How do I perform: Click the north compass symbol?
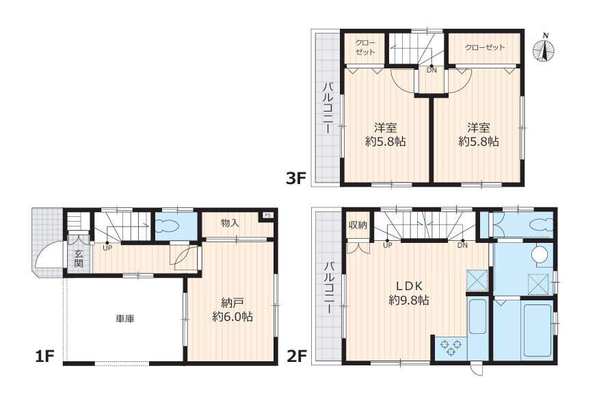(x=543, y=49)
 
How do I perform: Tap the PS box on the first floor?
(x=268, y=216)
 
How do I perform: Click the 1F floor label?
(x=45, y=357)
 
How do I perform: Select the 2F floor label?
(x=297, y=356)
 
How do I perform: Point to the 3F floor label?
(x=296, y=178)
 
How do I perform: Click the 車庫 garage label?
(x=125, y=318)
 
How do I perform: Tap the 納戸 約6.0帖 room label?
(x=233, y=310)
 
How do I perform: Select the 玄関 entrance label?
(x=79, y=259)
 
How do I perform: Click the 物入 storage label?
(x=230, y=223)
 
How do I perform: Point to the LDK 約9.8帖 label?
(x=409, y=294)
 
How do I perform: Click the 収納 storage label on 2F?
(x=358, y=225)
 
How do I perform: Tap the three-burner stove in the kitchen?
(x=451, y=348)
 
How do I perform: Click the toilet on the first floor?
(x=168, y=226)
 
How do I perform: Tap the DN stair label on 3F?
(x=432, y=70)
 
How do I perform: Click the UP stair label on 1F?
(x=107, y=247)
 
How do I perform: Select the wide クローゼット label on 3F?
(x=485, y=48)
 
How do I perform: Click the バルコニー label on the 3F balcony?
(x=328, y=108)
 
